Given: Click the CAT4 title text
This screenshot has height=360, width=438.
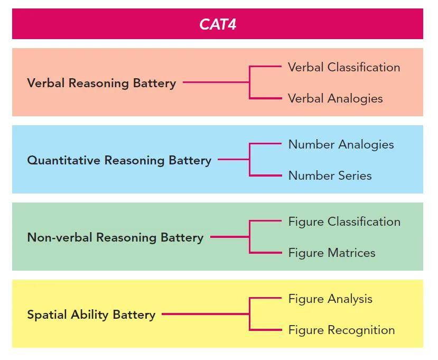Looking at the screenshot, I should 218,24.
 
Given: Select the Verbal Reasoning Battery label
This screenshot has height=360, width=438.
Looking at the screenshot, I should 101,83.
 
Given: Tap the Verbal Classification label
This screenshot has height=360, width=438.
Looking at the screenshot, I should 344,68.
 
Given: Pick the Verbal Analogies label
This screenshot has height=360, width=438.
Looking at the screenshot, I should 335,98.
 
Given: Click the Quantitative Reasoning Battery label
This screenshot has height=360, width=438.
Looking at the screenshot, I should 119,160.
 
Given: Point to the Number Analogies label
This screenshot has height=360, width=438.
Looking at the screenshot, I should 341,145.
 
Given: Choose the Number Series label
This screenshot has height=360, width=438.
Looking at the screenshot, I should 330,176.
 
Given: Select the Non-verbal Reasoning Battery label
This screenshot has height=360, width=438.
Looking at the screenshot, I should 115,237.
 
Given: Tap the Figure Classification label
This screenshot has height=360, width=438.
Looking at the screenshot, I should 344,222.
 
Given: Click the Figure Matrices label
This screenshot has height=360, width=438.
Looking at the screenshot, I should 332,253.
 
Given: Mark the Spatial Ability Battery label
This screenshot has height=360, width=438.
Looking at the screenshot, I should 91,315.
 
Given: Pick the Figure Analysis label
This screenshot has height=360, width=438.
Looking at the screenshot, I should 330,299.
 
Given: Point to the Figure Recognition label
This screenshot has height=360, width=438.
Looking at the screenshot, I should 341,330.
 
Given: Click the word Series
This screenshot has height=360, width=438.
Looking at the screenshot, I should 354,176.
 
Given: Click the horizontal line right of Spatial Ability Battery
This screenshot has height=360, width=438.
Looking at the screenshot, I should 205,314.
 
